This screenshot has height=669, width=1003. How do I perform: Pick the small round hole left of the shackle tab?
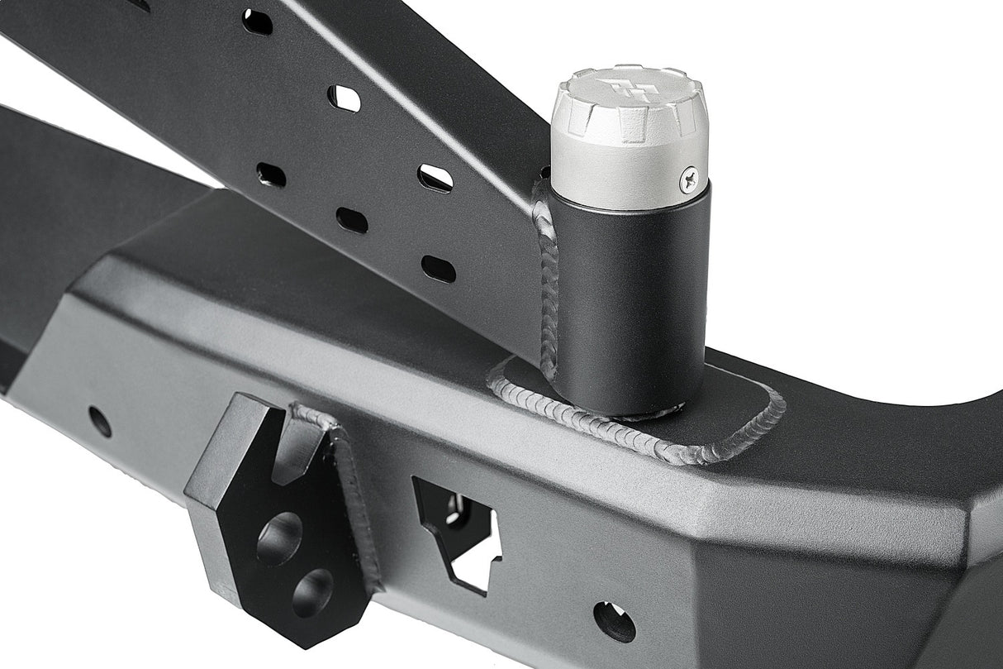(x=100, y=422)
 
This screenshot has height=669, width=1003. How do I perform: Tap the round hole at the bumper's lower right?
(x=615, y=622)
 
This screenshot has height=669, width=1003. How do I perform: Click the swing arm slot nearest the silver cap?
(x=435, y=177)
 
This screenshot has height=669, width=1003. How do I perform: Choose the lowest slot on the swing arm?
(x=438, y=269)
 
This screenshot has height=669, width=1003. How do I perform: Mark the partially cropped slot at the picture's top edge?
(x=139, y=4)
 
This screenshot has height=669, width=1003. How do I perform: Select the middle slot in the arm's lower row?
(x=353, y=219)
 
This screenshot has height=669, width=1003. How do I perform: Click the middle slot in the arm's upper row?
(x=345, y=98)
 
